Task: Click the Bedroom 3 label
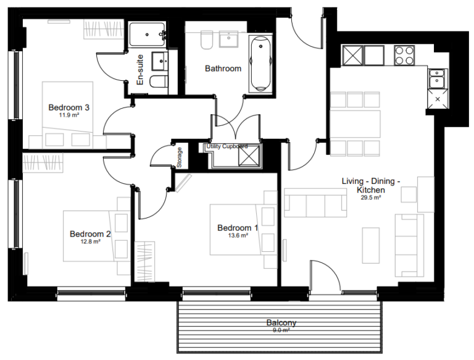click(x=69, y=107)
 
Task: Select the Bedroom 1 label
click(x=238, y=228)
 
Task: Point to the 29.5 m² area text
click(x=371, y=198)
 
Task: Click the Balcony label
click(x=281, y=322)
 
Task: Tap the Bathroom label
click(x=223, y=69)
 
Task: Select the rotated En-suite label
click(x=140, y=70)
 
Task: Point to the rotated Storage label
click(x=180, y=157)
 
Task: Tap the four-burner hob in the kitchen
click(x=405, y=56)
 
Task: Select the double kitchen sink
click(x=438, y=79)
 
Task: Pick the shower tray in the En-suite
click(x=148, y=35)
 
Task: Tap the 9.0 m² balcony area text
click(x=281, y=330)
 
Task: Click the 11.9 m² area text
click(x=69, y=115)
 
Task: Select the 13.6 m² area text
click(x=238, y=235)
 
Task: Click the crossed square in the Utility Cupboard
click(x=250, y=156)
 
